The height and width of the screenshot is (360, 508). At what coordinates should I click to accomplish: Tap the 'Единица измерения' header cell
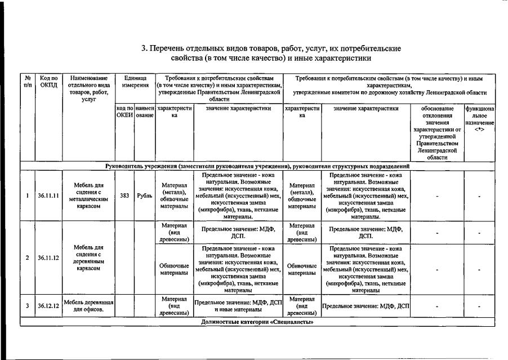coord(135,81)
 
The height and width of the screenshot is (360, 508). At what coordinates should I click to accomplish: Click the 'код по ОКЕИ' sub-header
coord(124,112)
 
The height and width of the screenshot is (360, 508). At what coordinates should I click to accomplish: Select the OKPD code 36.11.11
coord(48,196)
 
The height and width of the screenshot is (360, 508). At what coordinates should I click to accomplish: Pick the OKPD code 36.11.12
coord(48,258)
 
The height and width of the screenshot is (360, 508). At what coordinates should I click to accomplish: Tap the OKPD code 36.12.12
coord(48,306)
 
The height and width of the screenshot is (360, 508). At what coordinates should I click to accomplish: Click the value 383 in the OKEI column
coord(124,196)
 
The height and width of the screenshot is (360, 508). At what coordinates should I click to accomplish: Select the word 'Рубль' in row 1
coord(144,196)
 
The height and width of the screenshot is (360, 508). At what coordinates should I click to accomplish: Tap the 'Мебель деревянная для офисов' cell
coord(88,306)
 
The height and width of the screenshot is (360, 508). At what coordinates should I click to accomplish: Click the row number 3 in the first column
coord(28,306)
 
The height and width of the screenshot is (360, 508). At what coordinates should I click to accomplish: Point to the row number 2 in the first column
coord(28,258)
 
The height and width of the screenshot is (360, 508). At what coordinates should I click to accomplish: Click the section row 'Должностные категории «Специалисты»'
coord(257,322)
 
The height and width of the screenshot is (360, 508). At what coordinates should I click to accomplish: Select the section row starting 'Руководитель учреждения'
coord(257,167)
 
